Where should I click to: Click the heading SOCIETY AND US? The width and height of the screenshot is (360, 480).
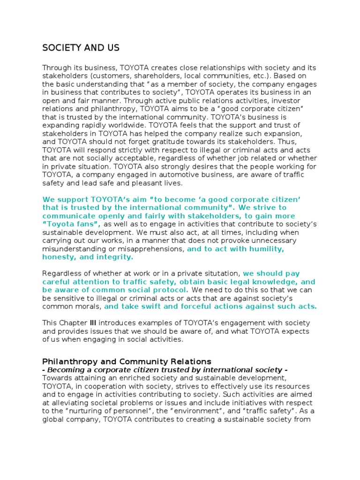tap(81, 48)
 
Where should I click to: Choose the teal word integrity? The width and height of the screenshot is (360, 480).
tap(115, 257)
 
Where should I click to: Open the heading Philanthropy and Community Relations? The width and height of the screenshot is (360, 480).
tap(127, 361)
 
